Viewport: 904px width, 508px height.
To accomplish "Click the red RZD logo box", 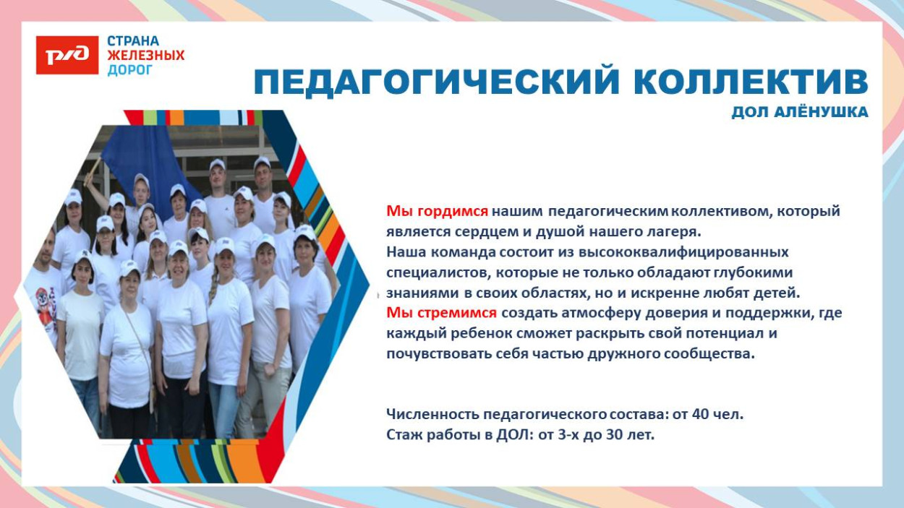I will pyautogui.click(x=67, y=56).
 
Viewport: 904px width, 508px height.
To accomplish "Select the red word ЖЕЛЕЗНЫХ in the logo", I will pyautogui.click(x=146, y=56).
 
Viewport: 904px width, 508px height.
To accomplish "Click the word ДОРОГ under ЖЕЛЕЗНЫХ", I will pyautogui.click(x=130, y=70).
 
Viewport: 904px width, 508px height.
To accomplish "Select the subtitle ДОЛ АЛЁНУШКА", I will pyautogui.click(x=799, y=113).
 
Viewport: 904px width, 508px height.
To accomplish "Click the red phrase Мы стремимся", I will pyautogui.click(x=441, y=313).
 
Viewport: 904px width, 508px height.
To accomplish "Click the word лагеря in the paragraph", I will pyautogui.click(x=678, y=232).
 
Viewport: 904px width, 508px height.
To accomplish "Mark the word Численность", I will pyautogui.click(x=432, y=415).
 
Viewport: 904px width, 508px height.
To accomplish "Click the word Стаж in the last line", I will pyautogui.click(x=402, y=435).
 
